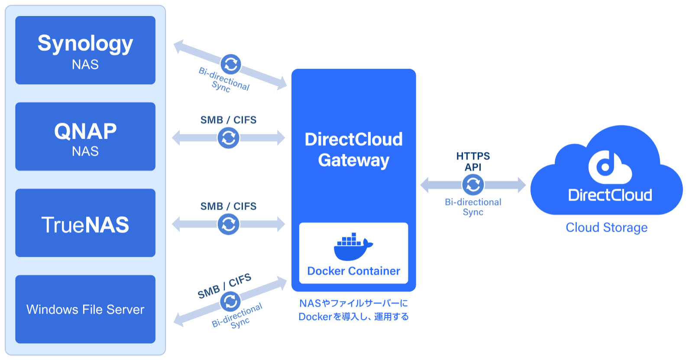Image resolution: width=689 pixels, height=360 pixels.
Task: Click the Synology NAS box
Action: click(x=85, y=50)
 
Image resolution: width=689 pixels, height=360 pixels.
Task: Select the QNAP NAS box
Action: click(x=85, y=136)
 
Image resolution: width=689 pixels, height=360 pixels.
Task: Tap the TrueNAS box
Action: click(x=85, y=223)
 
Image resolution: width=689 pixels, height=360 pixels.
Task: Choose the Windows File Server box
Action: click(x=85, y=309)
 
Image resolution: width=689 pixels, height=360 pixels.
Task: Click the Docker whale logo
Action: click(x=353, y=247)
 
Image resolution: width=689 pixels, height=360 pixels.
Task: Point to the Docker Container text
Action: click(x=354, y=271)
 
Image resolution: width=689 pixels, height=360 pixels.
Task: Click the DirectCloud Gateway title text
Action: click(x=354, y=150)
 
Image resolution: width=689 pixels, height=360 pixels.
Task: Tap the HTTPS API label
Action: click(x=473, y=162)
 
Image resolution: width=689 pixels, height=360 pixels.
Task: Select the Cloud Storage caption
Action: click(x=607, y=228)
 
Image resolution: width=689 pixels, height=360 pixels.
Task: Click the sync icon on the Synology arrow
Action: click(x=231, y=64)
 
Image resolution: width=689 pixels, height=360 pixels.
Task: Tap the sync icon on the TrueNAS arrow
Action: click(x=229, y=224)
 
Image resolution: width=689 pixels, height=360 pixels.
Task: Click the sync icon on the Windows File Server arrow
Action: click(x=230, y=301)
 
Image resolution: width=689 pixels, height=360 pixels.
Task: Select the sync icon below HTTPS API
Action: click(x=473, y=185)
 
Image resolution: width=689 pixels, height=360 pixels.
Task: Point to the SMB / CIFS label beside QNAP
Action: click(x=228, y=120)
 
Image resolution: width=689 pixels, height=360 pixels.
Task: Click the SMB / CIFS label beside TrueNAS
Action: click(x=228, y=206)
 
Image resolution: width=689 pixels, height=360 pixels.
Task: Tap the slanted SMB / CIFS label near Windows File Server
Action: click(x=224, y=286)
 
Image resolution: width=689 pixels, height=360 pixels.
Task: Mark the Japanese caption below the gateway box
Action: click(x=354, y=310)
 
